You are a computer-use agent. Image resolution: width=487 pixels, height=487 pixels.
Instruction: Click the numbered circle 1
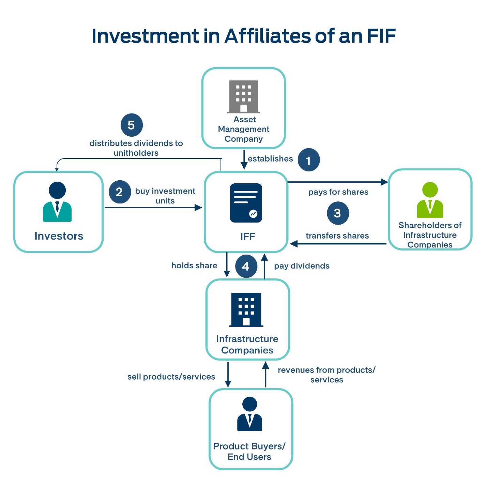308,160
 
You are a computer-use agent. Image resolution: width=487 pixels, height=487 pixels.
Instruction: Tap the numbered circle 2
120,192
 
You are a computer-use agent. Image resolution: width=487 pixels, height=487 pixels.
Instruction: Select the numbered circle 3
337,213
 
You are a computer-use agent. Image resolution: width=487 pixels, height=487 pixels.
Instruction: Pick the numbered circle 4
246,266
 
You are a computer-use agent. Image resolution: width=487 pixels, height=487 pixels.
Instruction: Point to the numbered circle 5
132,125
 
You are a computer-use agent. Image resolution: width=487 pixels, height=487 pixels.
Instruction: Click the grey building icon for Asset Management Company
243,96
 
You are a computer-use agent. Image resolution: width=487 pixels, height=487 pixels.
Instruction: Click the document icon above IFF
246,203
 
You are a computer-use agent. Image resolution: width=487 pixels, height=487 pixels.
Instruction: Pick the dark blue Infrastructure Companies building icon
246,309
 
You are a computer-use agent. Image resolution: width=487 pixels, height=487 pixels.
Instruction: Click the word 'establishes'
270,159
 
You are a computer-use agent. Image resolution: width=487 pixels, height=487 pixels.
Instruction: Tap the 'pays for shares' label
338,192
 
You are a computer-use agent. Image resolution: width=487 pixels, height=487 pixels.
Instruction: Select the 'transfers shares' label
337,236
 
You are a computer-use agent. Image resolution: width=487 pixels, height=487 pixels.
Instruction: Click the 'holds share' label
194,265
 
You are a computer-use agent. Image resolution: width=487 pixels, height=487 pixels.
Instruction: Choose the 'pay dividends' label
302,266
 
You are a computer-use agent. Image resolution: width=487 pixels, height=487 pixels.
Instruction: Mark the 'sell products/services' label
171,377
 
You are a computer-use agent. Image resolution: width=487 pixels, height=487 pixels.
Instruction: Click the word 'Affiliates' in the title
268,36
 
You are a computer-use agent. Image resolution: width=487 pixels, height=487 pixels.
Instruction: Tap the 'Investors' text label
59,236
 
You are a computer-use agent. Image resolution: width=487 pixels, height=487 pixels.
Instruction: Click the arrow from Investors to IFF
153,207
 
